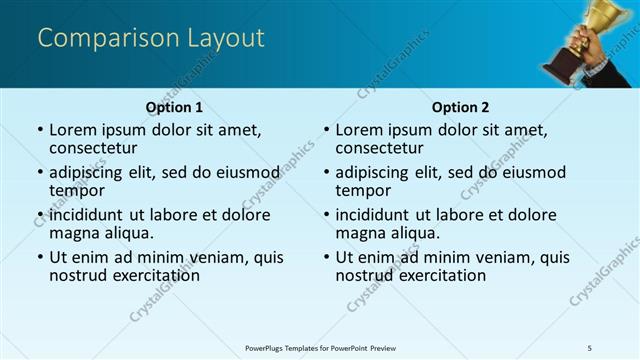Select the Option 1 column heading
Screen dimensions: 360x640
[174, 107]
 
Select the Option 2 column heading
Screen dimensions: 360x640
[460, 107]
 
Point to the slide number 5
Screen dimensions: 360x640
[590, 347]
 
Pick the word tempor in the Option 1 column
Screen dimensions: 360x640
[77, 190]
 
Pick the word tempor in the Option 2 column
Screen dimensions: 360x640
[363, 190]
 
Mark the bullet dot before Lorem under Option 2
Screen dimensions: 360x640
[327, 131]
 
